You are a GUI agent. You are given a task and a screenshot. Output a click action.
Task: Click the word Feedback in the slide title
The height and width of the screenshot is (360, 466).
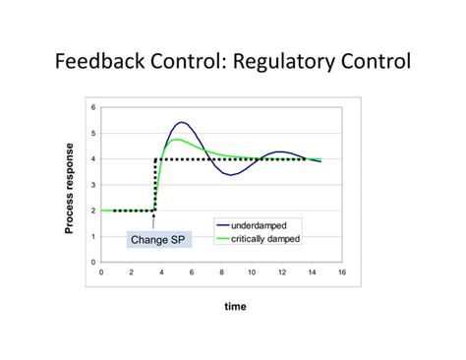tap(96, 64)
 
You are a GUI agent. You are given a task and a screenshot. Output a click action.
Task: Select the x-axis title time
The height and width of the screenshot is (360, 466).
tap(235, 306)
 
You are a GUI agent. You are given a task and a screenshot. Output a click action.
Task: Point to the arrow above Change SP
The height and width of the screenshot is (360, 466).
tap(153, 220)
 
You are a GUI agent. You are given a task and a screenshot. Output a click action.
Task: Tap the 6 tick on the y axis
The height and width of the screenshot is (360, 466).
tap(93, 107)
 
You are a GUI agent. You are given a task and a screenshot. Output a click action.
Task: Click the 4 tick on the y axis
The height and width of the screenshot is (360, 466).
tap(93, 158)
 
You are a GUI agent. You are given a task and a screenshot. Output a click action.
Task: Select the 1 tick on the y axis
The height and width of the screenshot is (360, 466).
tap(93, 236)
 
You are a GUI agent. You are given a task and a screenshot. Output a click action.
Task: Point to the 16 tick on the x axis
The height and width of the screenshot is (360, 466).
tap(342, 271)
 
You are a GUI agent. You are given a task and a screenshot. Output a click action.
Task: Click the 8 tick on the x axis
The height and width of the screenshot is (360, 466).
tap(221, 271)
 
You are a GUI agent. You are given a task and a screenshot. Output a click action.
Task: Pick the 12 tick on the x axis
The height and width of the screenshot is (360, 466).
tap(282, 271)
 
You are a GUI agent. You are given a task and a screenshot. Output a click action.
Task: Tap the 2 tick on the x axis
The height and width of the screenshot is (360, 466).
tap(131, 271)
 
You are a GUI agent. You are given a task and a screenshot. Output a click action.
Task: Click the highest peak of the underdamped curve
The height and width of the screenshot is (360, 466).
tap(182, 122)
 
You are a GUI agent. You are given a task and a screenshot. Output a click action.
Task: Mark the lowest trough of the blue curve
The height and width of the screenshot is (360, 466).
tap(230, 174)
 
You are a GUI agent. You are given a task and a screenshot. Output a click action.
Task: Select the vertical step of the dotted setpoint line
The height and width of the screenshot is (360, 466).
tap(155, 185)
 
